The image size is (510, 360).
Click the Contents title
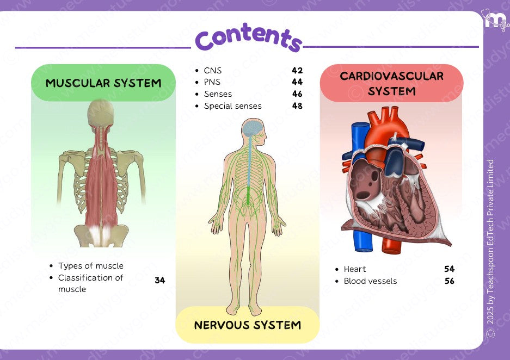(248, 38)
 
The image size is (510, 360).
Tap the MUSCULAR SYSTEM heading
(103, 83)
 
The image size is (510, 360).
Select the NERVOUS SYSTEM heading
(248, 325)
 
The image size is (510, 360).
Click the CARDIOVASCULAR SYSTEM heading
(391, 83)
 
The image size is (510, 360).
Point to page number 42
(297, 70)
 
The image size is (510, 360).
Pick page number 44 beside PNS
(297, 82)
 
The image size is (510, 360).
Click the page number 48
(297, 106)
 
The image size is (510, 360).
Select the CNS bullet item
(213, 70)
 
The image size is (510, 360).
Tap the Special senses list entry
(232, 106)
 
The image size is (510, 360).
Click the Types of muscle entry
(90, 266)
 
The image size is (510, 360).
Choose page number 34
(159, 281)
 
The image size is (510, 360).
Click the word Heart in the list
(355, 269)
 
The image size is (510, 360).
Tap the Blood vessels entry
(370, 281)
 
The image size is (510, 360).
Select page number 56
(449, 281)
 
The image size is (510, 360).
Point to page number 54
(449, 269)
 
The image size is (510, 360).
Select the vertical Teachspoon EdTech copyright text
(490, 247)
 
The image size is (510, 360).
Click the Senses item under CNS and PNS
(218, 94)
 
